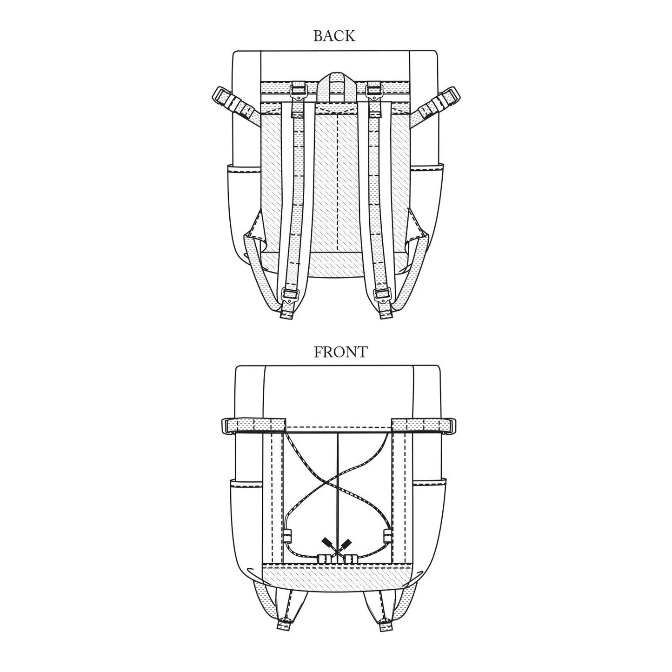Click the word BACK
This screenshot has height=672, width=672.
tap(334, 36)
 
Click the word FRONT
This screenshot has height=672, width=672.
tap(340, 352)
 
